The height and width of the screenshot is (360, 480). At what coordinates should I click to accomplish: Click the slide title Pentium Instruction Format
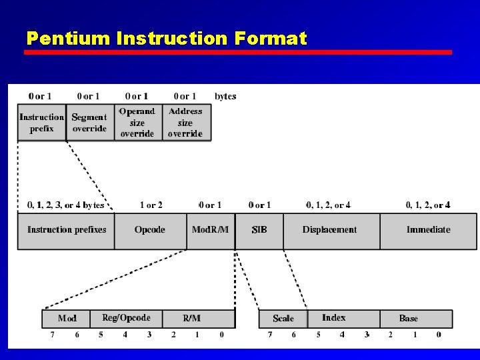pyautogui.click(x=167, y=38)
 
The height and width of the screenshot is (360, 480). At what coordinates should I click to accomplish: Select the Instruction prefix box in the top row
pyautogui.click(x=41, y=123)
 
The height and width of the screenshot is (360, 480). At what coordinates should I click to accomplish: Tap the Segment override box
pyautogui.click(x=89, y=123)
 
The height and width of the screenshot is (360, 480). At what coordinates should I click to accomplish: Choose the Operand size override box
pyautogui.click(x=137, y=123)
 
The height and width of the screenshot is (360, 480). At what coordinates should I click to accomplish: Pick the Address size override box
pyautogui.click(x=185, y=123)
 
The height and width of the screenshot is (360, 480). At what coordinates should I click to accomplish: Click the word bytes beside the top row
pyautogui.click(x=225, y=97)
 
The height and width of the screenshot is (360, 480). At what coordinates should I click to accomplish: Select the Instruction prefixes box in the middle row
pyautogui.click(x=66, y=230)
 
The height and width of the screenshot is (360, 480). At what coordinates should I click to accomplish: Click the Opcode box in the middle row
pyautogui.click(x=149, y=230)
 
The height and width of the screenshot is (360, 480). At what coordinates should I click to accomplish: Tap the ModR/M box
pyautogui.click(x=210, y=230)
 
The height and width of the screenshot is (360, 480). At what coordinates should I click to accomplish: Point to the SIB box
pyautogui.click(x=259, y=230)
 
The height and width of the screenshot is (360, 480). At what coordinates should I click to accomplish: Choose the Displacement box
pyautogui.click(x=330, y=230)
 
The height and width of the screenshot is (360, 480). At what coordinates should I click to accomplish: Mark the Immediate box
pyautogui.click(x=428, y=230)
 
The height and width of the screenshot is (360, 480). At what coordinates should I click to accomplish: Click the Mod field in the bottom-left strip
pyautogui.click(x=67, y=318)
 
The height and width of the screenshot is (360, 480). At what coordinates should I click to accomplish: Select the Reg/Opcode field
pyautogui.click(x=126, y=318)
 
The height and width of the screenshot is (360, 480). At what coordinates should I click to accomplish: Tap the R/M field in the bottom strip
pyautogui.click(x=191, y=318)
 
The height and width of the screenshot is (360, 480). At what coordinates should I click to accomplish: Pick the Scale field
pyautogui.click(x=283, y=318)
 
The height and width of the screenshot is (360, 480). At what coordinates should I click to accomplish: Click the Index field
pyautogui.click(x=334, y=318)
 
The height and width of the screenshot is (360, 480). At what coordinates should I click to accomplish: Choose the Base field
pyautogui.click(x=408, y=318)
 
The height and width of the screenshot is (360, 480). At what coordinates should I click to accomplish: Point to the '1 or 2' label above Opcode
pyautogui.click(x=151, y=205)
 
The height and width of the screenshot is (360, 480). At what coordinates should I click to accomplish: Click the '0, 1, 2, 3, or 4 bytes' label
pyautogui.click(x=65, y=205)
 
